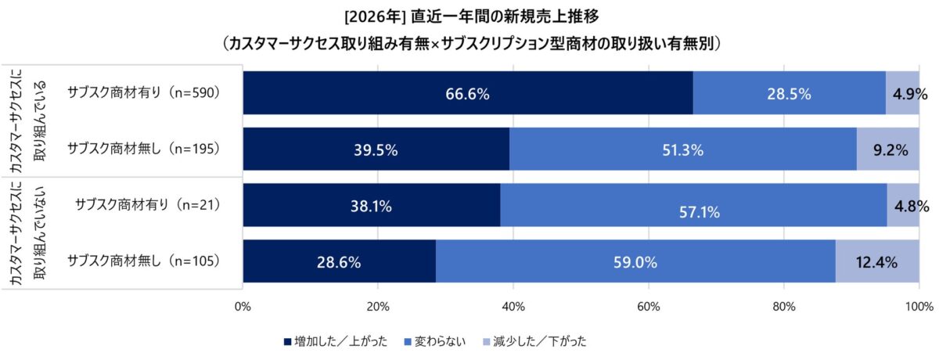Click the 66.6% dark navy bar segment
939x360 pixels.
[467, 93]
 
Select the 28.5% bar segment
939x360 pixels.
[789, 93]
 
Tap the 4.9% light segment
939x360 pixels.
[902, 93]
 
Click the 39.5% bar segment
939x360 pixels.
[376, 149]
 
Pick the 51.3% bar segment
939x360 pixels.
[682, 149]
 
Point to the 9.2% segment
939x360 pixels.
[888, 149]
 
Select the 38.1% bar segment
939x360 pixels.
[371, 206]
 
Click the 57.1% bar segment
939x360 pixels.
[693, 206]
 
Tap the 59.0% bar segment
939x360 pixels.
[635, 262]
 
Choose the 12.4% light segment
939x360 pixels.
[877, 262]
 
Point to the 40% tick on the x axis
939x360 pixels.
[513, 306]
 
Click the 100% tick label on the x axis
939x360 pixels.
[918, 306]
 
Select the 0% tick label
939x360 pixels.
[243, 306]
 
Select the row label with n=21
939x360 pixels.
[147, 205]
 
